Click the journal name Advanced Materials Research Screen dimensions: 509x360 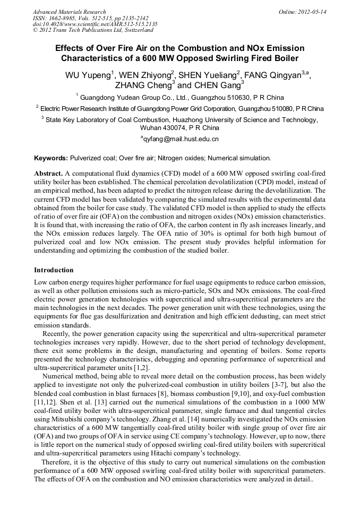69,12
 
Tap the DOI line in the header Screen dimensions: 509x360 95,24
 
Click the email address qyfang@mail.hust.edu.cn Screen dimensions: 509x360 180,140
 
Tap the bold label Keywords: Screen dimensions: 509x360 51,158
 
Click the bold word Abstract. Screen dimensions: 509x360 49,174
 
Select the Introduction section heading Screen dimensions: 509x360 54,270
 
